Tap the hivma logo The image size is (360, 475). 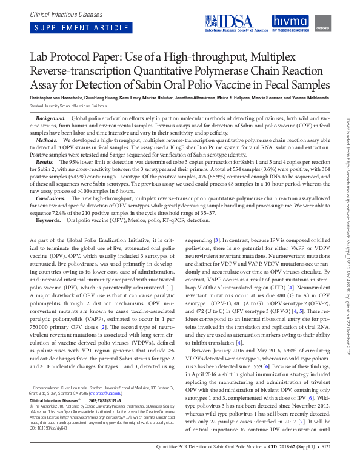click(x=290, y=23)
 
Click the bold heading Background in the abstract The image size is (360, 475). click(x=50, y=116)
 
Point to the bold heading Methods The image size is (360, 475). click(x=47, y=139)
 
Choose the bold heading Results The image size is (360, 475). click(x=45, y=162)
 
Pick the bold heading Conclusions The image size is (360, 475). click(x=50, y=198)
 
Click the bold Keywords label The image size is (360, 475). click(x=48, y=220)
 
